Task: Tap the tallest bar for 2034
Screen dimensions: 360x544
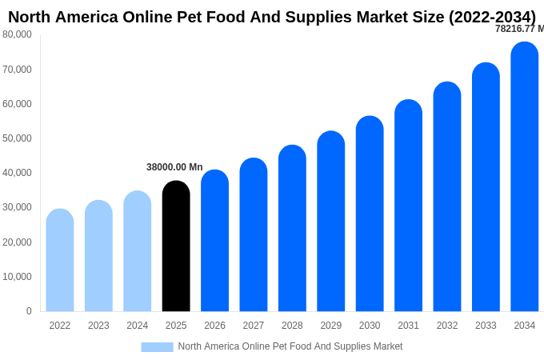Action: click(525, 177)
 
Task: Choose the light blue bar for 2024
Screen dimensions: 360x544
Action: click(138, 251)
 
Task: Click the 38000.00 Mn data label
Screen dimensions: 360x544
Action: click(174, 167)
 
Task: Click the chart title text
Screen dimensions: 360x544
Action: click(272, 17)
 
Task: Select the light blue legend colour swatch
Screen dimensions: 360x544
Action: click(157, 346)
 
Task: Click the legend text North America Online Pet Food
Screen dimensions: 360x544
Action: click(290, 346)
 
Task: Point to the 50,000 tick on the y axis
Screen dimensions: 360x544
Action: click(17, 138)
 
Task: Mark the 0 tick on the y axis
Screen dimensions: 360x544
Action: click(29, 311)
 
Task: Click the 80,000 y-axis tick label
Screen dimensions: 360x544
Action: click(17, 34)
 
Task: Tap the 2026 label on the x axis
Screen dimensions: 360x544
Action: click(214, 326)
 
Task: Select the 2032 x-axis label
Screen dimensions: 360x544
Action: click(447, 326)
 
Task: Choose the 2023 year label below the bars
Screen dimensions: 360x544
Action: click(98, 326)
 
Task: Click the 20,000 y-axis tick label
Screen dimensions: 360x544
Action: click(17, 242)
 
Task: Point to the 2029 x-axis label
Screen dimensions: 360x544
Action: click(331, 326)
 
